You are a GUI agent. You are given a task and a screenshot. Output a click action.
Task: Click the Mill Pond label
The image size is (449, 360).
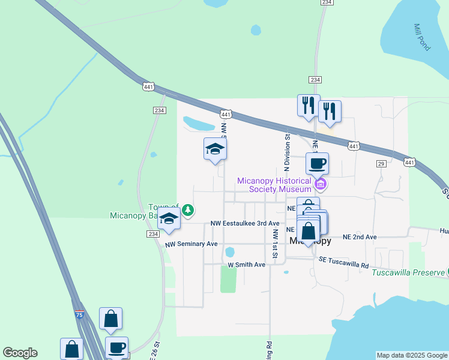pyautogui.click(x=421, y=38)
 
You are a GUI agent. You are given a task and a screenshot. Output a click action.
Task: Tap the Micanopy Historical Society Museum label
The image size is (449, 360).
pyautogui.click(x=274, y=185)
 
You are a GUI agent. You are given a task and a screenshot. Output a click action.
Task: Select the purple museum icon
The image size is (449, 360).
pyautogui.click(x=321, y=183)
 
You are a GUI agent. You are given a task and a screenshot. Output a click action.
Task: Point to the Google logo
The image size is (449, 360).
pyautogui.click(x=20, y=353)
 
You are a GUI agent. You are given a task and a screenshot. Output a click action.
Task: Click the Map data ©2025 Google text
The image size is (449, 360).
pyautogui.click(x=412, y=355)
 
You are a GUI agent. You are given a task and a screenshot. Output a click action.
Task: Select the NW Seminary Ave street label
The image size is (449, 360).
pyautogui.click(x=191, y=244)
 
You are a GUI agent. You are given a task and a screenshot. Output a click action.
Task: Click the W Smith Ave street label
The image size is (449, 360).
pyautogui.click(x=246, y=265)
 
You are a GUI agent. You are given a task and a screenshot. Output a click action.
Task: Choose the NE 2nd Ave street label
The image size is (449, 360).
pyautogui.click(x=360, y=237)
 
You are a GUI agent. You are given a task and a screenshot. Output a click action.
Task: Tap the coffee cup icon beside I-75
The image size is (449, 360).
pyautogui.click(x=117, y=347)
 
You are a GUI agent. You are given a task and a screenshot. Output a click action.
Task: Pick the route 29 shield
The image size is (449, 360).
pyautogui.click(x=381, y=164)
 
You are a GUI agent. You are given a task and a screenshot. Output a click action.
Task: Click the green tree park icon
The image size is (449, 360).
pyautogui.click(x=188, y=210)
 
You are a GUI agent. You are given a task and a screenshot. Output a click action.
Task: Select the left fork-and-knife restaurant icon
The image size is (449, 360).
pyautogui.click(x=309, y=106)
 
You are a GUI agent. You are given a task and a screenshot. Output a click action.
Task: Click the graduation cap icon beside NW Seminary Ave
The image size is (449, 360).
pyautogui.click(x=169, y=221)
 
